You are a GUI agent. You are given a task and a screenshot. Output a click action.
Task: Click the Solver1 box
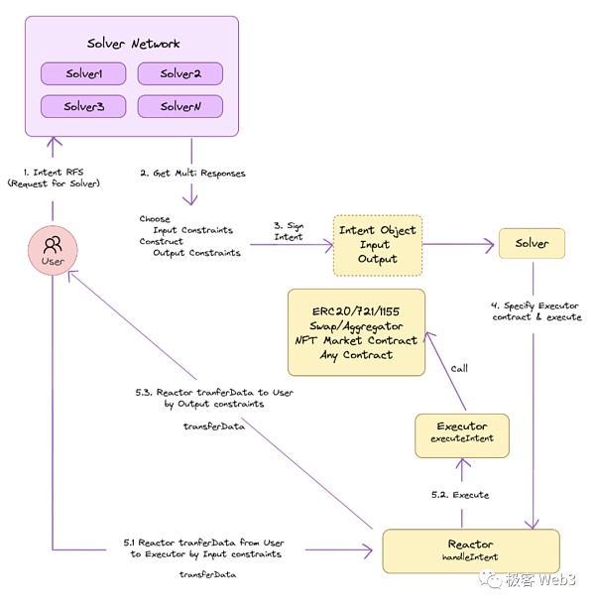[x=84, y=73]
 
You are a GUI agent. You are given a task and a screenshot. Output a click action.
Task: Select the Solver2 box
[x=179, y=73]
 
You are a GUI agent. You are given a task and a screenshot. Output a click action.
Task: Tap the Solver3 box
[x=84, y=105]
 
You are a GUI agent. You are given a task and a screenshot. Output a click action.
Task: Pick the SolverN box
[x=179, y=105]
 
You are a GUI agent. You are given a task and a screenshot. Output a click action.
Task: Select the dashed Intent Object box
[x=378, y=244]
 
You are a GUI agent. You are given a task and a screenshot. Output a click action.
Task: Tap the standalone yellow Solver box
[x=534, y=244]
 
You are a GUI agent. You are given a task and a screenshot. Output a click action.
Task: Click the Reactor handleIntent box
[x=471, y=551]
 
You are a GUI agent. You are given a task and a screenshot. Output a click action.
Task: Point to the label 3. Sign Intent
[x=290, y=232]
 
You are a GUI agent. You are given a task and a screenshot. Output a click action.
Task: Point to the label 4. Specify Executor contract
[x=535, y=310]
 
